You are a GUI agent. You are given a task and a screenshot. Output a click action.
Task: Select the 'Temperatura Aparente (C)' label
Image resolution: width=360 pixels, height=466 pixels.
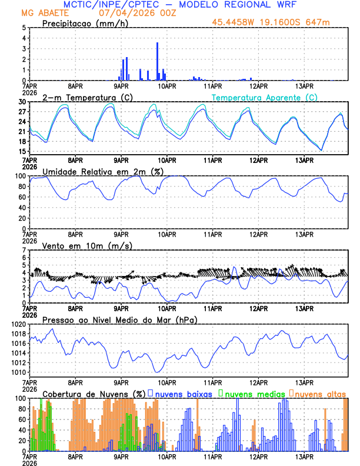[265, 97]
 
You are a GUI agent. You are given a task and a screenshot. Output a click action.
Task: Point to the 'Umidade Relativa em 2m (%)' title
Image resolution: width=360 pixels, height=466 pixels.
[103, 171]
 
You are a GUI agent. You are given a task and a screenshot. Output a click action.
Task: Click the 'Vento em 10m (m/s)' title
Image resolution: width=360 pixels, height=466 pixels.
[87, 245]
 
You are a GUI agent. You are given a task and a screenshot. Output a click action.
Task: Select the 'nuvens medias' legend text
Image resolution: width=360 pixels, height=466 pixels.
[254, 393]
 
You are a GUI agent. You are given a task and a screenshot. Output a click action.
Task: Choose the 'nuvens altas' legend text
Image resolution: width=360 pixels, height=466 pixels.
[321, 393]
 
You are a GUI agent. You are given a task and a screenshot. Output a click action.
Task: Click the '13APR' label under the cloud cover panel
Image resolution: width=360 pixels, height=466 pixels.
[304, 455]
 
